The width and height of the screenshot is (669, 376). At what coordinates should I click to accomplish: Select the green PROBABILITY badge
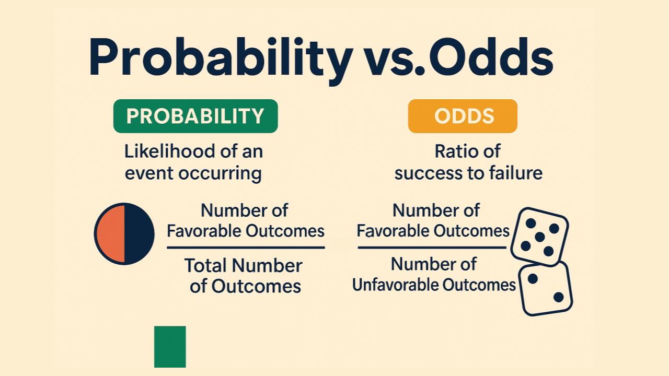tap(195, 116)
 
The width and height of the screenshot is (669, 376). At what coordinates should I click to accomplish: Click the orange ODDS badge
tap(463, 116)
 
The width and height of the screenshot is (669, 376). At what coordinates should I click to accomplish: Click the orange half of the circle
tap(111, 234)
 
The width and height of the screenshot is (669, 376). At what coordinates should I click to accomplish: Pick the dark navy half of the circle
tap(139, 234)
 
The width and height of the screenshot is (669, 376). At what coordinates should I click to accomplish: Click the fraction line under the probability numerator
tap(246, 248)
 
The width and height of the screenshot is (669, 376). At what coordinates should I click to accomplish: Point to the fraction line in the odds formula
tap(432, 248)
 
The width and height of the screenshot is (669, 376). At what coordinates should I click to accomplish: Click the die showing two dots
tap(546, 288)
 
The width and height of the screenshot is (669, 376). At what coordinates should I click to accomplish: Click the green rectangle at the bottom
tap(170, 347)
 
